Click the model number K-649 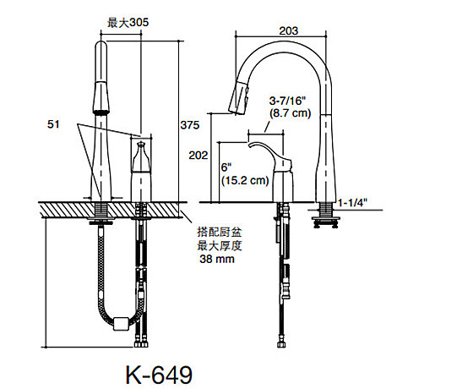(x=159, y=375)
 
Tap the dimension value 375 (x=190, y=125)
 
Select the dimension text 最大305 (x=128, y=23)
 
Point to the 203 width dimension (x=289, y=30)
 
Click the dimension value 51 (x=53, y=124)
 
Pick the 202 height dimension (x=198, y=156)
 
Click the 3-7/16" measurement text (x=287, y=101)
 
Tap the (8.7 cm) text (x=290, y=113)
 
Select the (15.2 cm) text (x=245, y=181)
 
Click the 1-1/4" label (x=352, y=203)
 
